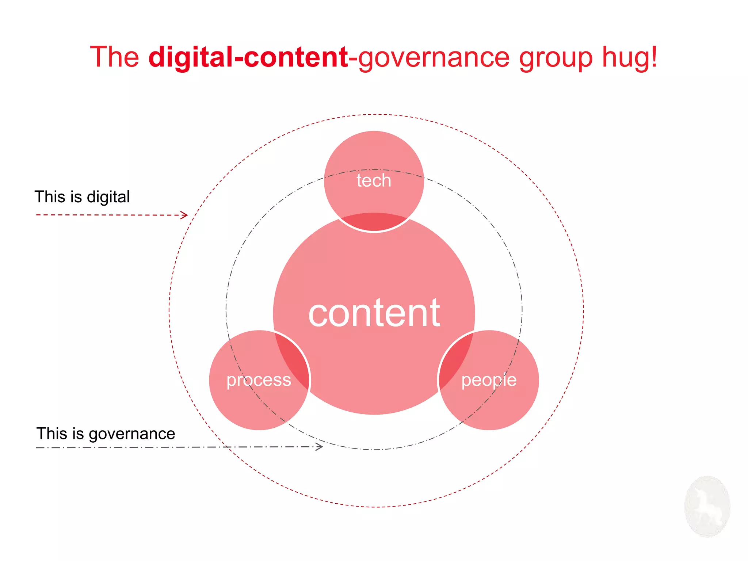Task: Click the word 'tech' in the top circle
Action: [x=374, y=180]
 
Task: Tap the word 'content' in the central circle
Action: [x=374, y=313]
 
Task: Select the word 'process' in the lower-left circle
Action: [x=259, y=380]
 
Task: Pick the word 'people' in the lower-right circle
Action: [x=489, y=380]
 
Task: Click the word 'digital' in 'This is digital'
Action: [x=108, y=197]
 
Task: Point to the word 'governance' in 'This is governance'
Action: [x=132, y=434]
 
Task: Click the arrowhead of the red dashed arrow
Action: [x=185, y=215]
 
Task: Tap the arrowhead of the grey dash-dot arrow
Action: [x=320, y=447]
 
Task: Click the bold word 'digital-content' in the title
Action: [x=248, y=57]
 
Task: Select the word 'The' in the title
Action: [x=114, y=57]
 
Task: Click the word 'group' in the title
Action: [x=556, y=58]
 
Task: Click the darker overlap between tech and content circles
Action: [x=374, y=221]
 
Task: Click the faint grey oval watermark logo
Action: [x=707, y=506]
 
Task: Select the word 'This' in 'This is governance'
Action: [x=52, y=434]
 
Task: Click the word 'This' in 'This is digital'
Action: [x=50, y=197]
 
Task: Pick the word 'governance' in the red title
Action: [x=434, y=58]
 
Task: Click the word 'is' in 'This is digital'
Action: [x=76, y=197]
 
